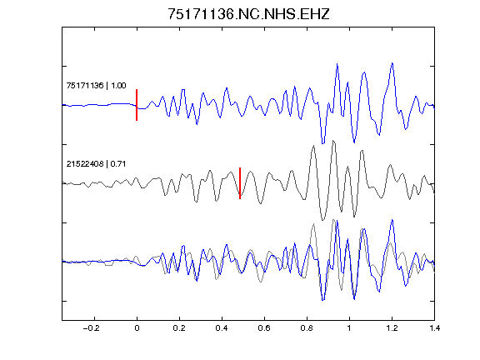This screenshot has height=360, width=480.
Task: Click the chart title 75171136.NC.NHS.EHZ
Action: pos(248,14)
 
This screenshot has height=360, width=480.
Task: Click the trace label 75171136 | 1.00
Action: pos(96,85)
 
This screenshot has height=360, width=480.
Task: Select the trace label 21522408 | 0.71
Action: pos(96,164)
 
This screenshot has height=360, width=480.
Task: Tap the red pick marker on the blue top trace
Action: pos(137,105)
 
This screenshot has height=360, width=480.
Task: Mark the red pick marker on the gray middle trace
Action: pos(240,183)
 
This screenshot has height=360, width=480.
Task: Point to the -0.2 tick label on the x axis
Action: pos(92,328)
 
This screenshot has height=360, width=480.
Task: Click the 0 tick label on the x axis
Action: pos(137,328)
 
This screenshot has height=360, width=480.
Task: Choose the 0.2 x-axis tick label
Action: pos(179,328)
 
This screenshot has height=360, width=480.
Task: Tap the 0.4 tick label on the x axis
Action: pos(222,328)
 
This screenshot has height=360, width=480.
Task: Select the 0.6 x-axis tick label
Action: pos(264,328)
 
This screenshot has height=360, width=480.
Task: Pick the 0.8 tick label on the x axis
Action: pos(307,328)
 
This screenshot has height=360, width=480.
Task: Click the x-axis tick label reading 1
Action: pos(349,328)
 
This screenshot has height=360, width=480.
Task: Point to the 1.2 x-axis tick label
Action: pos(392,328)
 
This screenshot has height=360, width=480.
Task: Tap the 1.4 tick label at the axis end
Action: pos(435,328)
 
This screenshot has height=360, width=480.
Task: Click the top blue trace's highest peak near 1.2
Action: pos(392,63)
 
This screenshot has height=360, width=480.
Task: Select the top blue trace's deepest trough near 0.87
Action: pos(322,143)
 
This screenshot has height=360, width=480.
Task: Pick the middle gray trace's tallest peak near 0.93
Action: pos(333,141)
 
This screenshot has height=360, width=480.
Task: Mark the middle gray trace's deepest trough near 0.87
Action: pos(322,220)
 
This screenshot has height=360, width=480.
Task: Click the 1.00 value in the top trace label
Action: pos(118,85)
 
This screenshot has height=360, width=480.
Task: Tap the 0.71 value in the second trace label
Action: pos(118,164)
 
